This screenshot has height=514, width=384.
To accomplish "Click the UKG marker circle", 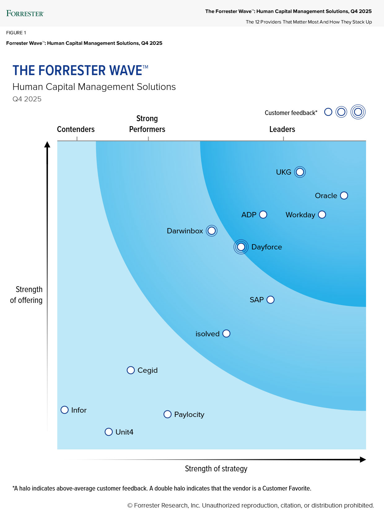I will coord(300,172).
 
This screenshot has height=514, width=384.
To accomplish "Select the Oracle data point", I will coord(344,196).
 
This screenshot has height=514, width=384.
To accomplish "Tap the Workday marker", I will coord(322,215).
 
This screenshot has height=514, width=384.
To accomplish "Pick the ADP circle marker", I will coord(263,215).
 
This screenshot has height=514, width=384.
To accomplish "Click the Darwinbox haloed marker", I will coord(212,231).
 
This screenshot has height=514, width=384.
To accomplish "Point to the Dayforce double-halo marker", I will coord(241,247).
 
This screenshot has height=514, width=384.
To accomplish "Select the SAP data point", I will coord(270,299).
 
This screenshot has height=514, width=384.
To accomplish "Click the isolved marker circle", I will coord(226,333).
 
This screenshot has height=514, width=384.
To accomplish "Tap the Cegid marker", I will coord(131,370).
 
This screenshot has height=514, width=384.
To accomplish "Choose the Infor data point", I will coord(64,410).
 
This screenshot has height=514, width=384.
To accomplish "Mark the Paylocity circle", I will coord(167,414).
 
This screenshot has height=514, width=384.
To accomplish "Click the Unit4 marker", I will coord(109,432).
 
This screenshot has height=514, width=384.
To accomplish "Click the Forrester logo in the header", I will coord(25,14).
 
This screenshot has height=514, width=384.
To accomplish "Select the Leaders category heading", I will coord(282,129).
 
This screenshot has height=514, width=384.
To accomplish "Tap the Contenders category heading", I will coord(76,129).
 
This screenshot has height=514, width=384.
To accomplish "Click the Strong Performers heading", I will coord(147,124).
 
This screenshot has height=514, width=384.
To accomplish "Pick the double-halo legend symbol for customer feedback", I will coord(358,112).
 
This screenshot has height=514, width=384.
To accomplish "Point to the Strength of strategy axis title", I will coord(216,469).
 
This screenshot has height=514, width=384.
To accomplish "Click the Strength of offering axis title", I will coord(27,295).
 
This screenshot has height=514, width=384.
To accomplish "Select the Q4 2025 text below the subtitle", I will coord(27,99).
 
